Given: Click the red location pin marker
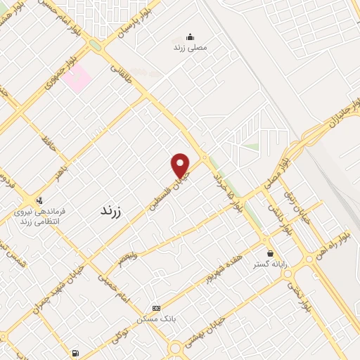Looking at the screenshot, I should click(181, 165).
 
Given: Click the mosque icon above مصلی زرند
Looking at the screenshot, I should click(189, 37).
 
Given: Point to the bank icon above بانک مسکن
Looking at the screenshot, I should click(156, 308).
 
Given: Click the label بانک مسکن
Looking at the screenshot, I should click(157, 320).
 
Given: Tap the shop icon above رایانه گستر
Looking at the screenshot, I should click(270, 252).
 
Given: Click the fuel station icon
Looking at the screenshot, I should click(75, 352).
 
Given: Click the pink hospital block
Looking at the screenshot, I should click(75, 77).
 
